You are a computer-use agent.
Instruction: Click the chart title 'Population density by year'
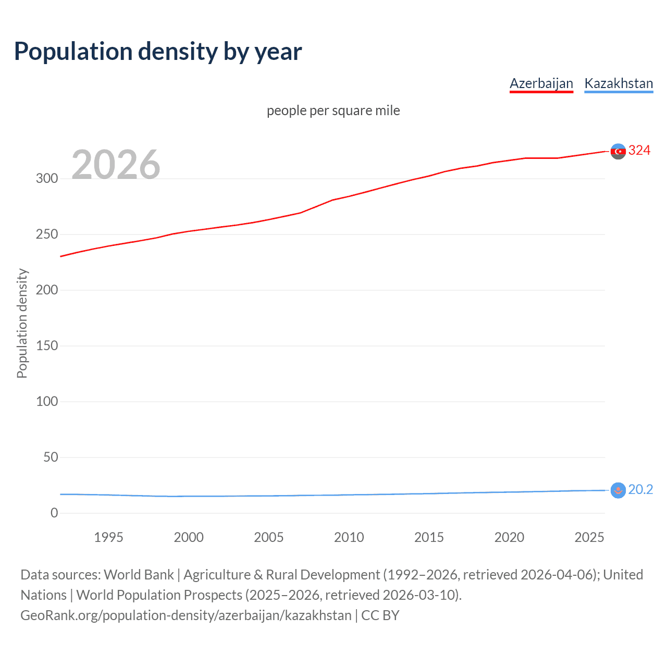[158, 52]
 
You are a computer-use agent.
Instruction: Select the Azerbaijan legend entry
[541, 83]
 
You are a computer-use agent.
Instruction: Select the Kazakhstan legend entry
[619, 83]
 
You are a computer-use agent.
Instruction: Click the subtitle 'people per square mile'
[333, 110]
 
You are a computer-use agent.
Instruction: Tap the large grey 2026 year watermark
[116, 165]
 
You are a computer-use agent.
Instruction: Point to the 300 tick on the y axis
[47, 178]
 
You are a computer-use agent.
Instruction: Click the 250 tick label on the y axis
[47, 234]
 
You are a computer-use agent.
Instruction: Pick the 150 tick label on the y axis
[47, 345]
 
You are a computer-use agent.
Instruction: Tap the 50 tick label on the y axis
[51, 457]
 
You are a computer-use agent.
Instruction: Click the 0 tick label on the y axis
[54, 513]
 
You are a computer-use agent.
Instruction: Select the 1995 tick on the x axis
[108, 537]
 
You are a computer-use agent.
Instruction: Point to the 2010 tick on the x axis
[349, 537]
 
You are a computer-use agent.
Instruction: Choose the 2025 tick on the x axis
[589, 537]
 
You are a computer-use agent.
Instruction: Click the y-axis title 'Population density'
[22, 323]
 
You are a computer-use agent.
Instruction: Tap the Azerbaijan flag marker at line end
[618, 151]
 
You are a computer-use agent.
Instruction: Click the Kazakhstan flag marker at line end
[618, 490]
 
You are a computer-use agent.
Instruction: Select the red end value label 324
[639, 151]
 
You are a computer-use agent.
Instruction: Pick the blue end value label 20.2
[640, 490]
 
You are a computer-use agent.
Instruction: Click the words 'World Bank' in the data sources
[139, 574]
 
